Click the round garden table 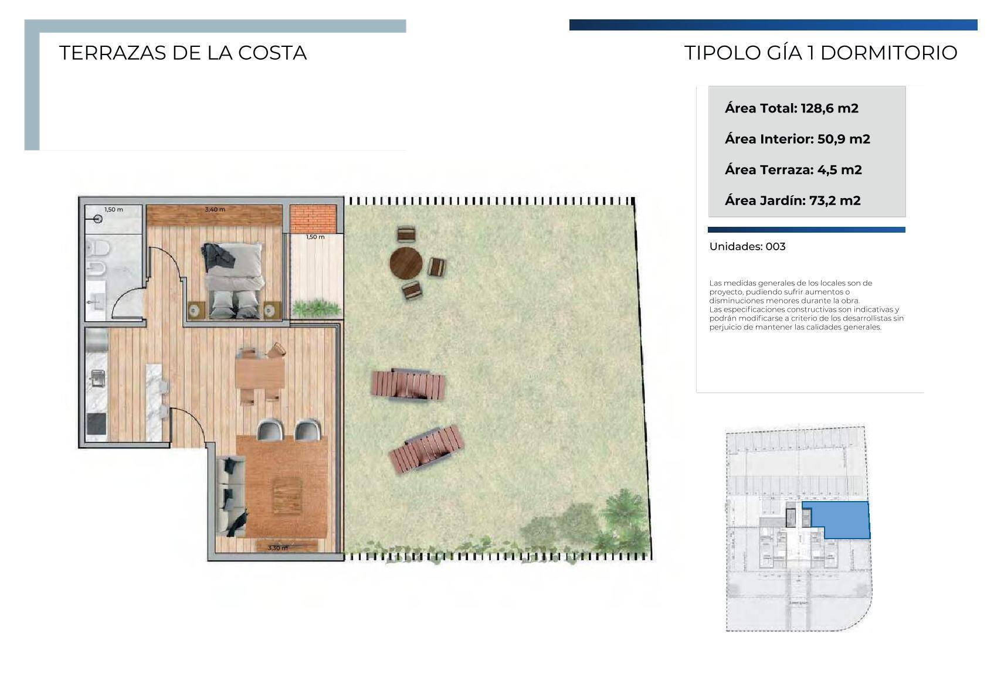[x=406, y=263]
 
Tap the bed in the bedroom [x=233, y=280]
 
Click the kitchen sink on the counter [x=98, y=378]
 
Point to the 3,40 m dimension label [x=215, y=210]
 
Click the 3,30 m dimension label [x=278, y=548]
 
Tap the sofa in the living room [x=230, y=496]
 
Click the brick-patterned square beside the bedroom [x=313, y=219]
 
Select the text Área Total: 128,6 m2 [x=791, y=108]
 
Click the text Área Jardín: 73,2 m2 [x=793, y=201]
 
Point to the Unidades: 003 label [x=747, y=247]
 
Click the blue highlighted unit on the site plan [x=839, y=520]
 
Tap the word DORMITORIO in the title [x=888, y=53]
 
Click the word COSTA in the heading [x=272, y=53]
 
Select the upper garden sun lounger [x=408, y=385]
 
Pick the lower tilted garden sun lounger [x=426, y=449]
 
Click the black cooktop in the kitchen [x=97, y=424]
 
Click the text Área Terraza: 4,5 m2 [x=793, y=170]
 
